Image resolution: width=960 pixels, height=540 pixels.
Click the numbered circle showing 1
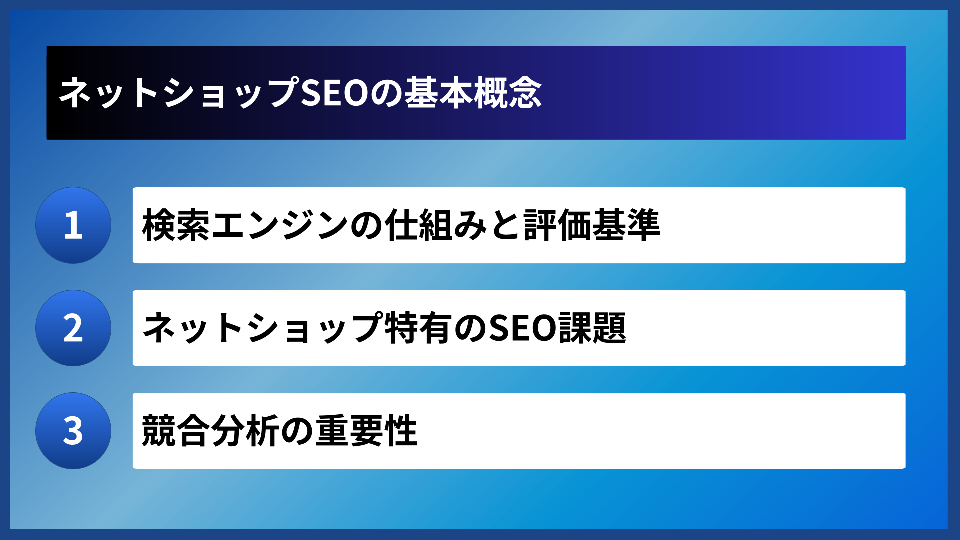click(x=73, y=225)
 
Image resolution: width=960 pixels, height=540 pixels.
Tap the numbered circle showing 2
click(x=73, y=328)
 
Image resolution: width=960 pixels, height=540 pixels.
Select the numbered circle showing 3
click(x=73, y=431)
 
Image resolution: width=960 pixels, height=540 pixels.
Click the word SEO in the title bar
click(x=335, y=93)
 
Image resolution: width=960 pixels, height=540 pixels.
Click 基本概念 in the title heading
click(x=473, y=93)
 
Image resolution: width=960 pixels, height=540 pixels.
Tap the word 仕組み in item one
click(x=436, y=225)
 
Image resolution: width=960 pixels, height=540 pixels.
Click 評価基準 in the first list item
click(x=592, y=225)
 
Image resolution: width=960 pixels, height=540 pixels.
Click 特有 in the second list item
click(x=418, y=328)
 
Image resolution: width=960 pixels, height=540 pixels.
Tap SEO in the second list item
click(x=522, y=328)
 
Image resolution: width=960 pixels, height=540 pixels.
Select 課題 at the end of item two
click(x=592, y=328)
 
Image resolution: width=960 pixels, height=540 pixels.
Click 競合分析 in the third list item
click(x=210, y=431)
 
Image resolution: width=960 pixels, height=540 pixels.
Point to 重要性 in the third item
click(x=366, y=431)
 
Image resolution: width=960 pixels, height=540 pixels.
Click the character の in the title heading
click(x=386, y=93)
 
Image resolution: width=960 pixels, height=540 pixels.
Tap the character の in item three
click(x=297, y=431)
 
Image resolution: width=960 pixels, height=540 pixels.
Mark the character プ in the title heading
click(x=282, y=93)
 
